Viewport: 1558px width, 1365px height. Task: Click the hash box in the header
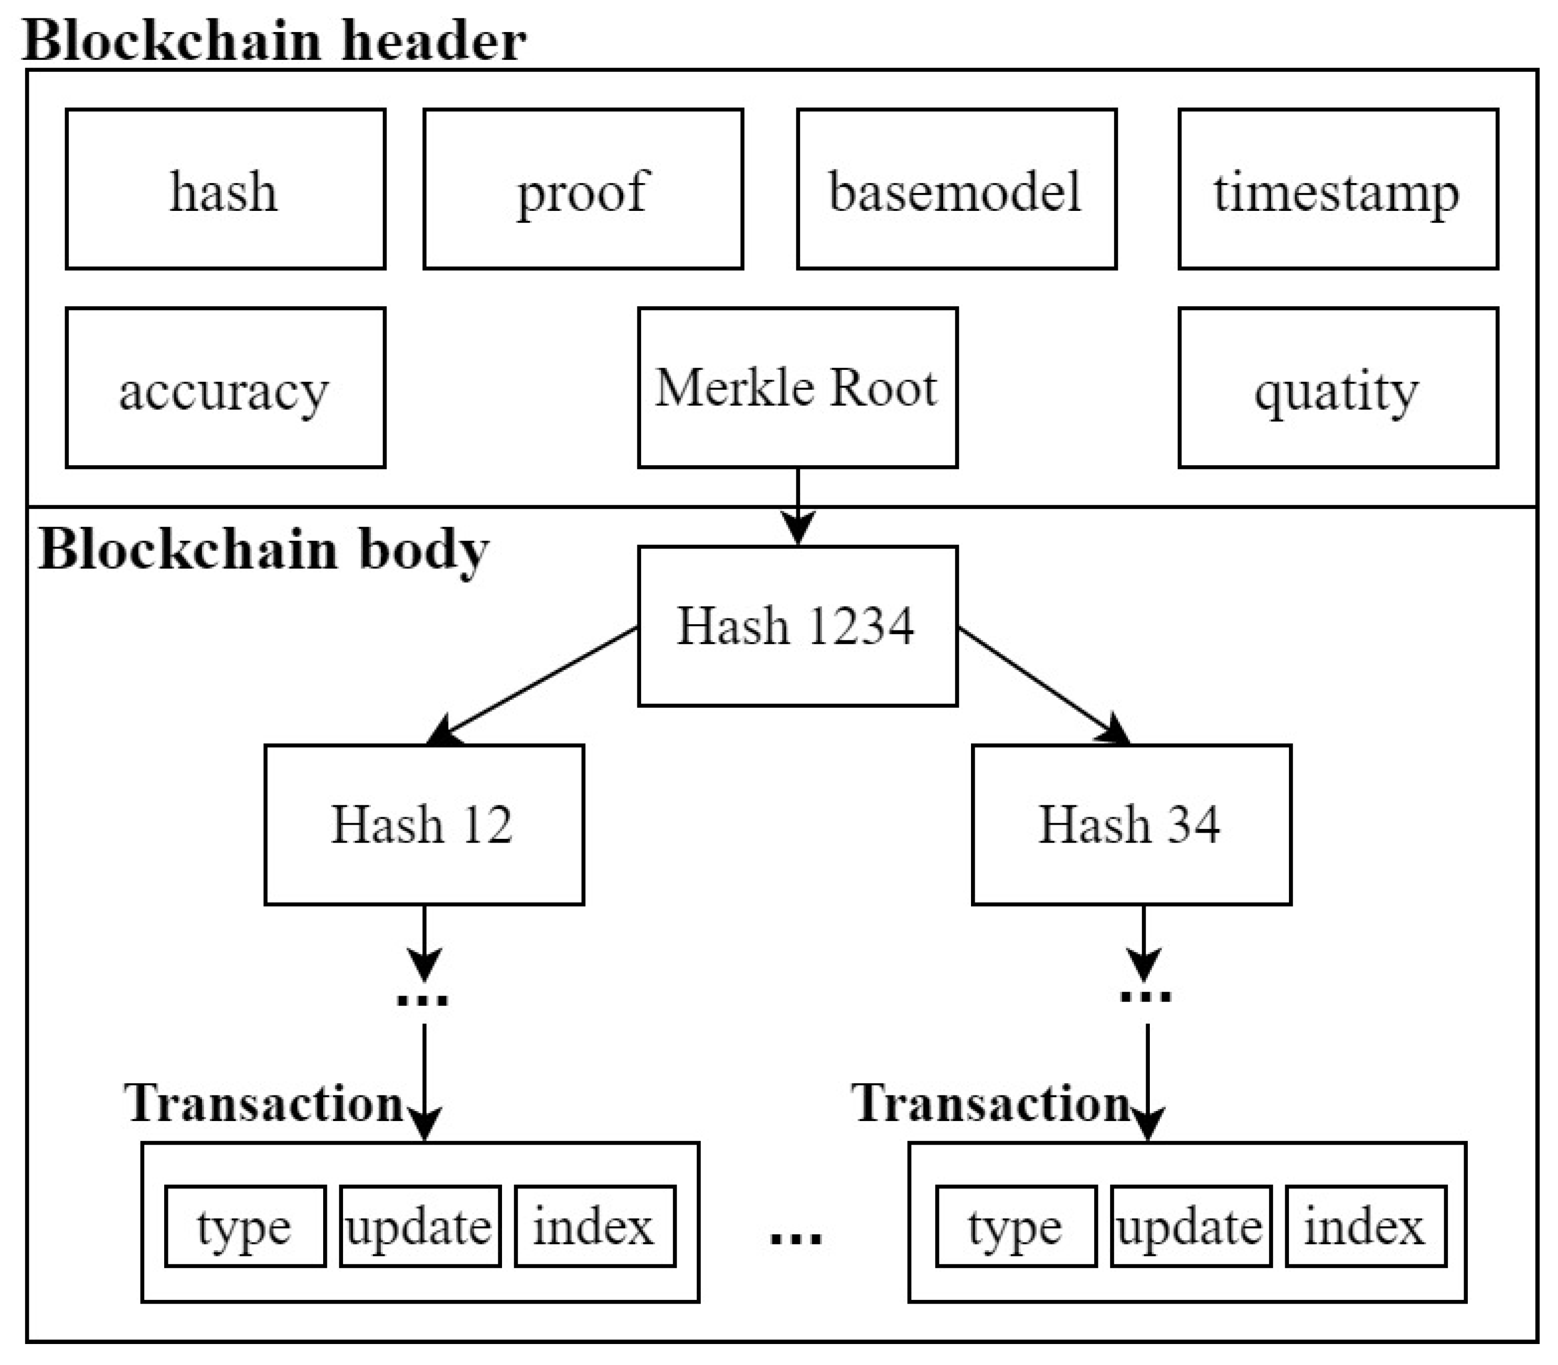226,189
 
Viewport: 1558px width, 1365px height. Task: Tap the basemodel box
956,189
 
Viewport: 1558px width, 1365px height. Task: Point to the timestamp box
1338,189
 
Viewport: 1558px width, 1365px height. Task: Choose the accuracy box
226,388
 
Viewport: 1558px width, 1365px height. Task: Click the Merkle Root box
797,388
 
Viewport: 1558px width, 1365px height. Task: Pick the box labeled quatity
1338,388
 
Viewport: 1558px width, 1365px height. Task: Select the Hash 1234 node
797,626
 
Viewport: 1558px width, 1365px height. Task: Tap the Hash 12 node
424,825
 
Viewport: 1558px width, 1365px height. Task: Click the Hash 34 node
1132,825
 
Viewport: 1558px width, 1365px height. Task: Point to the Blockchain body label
263,550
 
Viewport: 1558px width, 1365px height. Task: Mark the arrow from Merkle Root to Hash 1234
797,507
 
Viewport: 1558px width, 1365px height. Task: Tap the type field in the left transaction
245,1227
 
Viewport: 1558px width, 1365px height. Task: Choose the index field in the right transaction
1365,1227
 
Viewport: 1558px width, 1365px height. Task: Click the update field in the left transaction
420,1227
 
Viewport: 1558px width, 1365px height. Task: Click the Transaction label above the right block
990,1103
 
